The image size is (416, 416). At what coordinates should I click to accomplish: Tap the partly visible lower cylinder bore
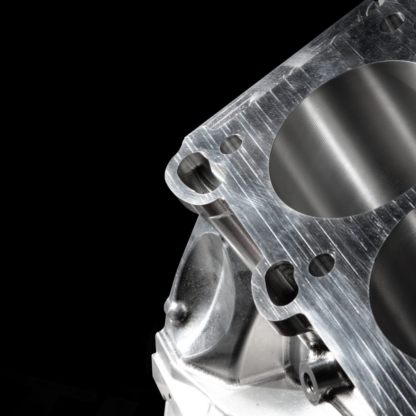tap(395, 287)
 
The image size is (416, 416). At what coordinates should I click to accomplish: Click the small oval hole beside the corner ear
tap(231, 144)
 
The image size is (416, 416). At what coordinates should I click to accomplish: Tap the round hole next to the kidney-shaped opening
tap(322, 265)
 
